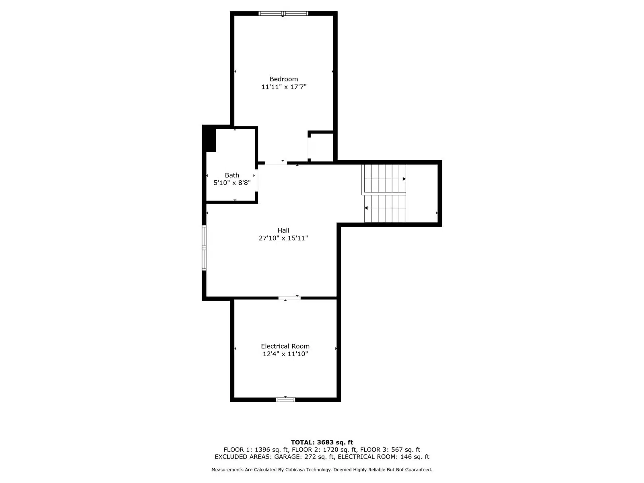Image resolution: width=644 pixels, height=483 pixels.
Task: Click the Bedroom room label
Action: coord(283,79)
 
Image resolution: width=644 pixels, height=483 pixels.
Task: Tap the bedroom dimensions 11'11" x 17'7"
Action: coord(283,87)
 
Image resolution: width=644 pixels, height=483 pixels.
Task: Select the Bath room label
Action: coord(232,175)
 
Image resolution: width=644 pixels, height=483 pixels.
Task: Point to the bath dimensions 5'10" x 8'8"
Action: coord(232,183)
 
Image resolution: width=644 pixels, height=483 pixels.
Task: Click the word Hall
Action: coord(283,230)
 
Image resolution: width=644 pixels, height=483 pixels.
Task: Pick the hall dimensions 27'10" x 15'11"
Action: coord(283,238)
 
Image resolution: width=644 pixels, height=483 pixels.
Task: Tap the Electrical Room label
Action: coord(285,346)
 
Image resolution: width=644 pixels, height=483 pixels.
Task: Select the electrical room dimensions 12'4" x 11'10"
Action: coord(285,354)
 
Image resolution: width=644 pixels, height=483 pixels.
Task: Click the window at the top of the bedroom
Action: coord(283,13)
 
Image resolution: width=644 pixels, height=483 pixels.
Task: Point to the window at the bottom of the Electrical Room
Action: coord(285,399)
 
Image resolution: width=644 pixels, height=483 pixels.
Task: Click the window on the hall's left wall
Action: coord(204,248)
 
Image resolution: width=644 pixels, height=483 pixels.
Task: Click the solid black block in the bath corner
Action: coord(209,139)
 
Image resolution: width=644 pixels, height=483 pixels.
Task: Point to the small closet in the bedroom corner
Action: coord(322,147)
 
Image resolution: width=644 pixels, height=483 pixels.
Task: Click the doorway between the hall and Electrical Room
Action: coord(289,298)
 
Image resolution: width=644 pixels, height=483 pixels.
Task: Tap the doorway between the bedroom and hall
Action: coord(276,163)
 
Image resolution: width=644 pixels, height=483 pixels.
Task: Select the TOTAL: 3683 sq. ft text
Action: coord(322,442)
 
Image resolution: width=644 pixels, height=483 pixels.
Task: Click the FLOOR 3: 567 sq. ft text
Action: coord(390,450)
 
